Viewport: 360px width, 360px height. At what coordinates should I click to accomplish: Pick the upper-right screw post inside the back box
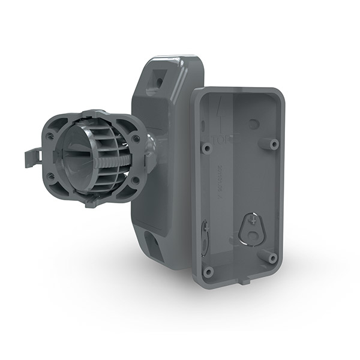[x=274, y=144]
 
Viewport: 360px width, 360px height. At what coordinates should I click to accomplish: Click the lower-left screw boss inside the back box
[x=208, y=271]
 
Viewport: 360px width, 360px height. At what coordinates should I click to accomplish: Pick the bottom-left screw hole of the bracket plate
[x=52, y=176]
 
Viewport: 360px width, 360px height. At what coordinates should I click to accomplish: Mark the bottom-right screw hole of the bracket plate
[x=136, y=180]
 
